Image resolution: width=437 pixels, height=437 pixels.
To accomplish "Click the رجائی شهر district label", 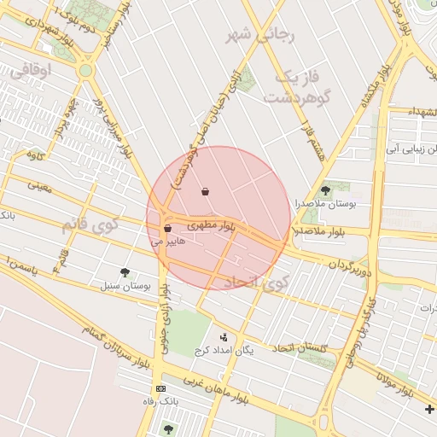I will coord(259,35).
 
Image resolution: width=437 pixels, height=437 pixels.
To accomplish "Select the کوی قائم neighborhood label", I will coord(90,226).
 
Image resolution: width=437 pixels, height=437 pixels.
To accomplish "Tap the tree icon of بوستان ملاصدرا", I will coord(324,190).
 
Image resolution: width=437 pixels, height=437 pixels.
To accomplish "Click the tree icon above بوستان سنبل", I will coord(125,272).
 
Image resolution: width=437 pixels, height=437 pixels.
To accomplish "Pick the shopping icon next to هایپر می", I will coord(167,229).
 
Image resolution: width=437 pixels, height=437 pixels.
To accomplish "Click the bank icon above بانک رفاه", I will coord(161,388).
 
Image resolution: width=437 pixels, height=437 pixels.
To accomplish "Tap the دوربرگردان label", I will coord(340,257).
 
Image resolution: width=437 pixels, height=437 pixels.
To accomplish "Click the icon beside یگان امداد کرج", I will coord(223,337).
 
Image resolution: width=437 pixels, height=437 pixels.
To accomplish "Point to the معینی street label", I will coord(40,184).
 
